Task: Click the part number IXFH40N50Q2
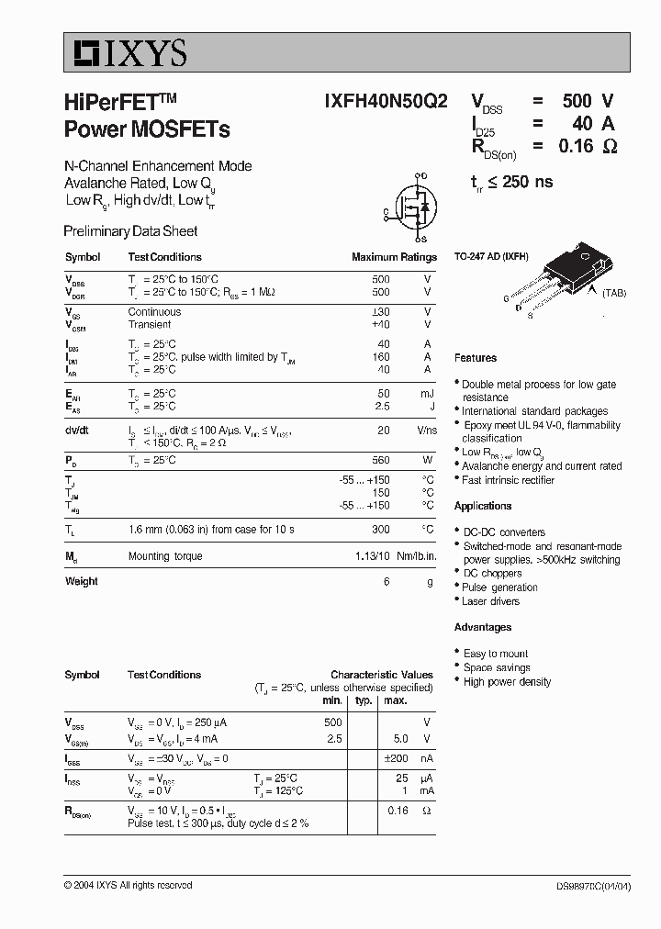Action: tap(386, 102)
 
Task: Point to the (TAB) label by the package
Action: tap(614, 293)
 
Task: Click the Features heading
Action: tap(476, 358)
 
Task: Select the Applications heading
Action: tap(483, 506)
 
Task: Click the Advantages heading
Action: tap(483, 627)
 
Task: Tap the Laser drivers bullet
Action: tap(491, 601)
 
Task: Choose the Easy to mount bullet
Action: tap(496, 654)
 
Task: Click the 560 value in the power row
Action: tap(380, 460)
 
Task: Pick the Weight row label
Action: tap(81, 581)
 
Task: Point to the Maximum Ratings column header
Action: tap(394, 257)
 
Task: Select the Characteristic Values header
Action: tap(382, 675)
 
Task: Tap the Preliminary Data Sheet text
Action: tap(130, 231)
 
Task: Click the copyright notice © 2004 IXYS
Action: tap(128, 885)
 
